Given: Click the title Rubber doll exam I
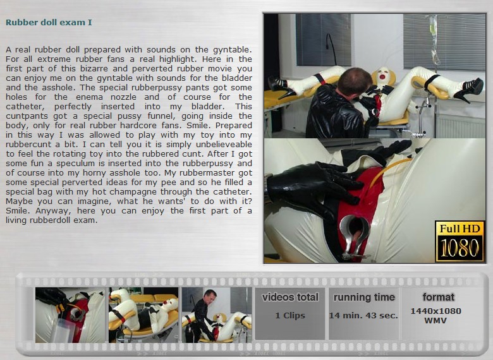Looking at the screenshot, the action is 49,22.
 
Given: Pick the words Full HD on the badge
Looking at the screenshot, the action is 460,229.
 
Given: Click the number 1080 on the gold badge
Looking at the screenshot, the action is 460,248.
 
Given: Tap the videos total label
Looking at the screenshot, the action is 290,297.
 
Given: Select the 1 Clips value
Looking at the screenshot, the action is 290,315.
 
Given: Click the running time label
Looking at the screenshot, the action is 364,297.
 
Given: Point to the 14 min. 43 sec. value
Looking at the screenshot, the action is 363,315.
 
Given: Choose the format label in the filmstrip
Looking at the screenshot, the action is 438,297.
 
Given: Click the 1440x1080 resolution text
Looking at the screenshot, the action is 435,311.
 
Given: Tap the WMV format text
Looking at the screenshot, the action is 435,321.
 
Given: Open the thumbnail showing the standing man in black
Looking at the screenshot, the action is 217,315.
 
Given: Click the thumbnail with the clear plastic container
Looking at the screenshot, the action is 70,315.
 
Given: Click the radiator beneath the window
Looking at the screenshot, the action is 460,126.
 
